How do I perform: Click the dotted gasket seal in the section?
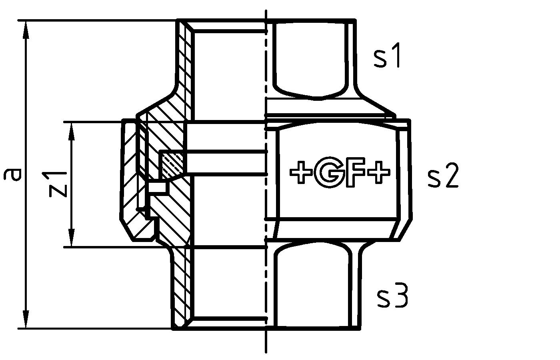172,164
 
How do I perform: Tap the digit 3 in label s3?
400,297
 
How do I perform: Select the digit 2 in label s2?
450,178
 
